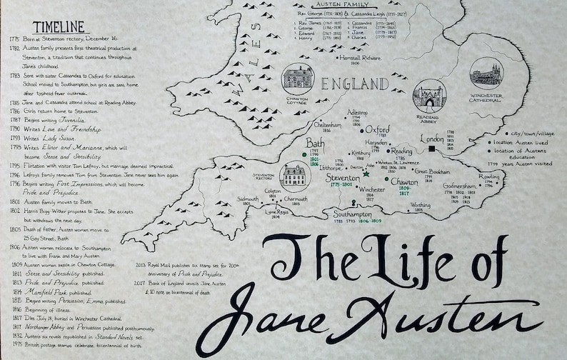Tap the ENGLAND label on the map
(x=357, y=84)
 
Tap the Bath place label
(x=316, y=144)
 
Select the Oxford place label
(x=377, y=130)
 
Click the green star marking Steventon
(x=367, y=174)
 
